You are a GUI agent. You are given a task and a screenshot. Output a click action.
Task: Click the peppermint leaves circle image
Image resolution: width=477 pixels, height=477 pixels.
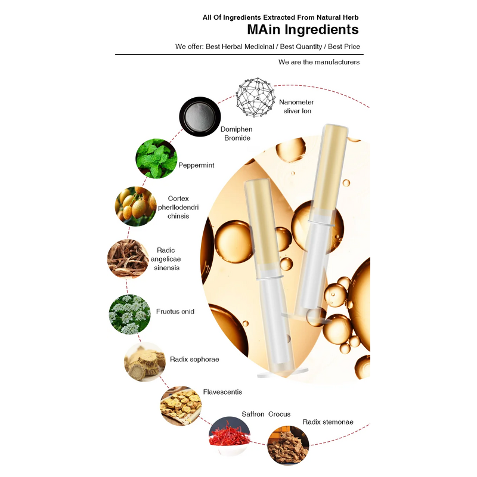point(156,159)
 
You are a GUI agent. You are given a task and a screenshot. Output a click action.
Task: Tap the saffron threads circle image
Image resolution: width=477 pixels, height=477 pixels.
point(230,436)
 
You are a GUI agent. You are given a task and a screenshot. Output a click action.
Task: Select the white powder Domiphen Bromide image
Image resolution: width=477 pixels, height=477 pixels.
point(200,116)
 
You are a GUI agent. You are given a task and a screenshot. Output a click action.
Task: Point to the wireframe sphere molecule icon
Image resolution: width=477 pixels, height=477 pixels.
point(256,97)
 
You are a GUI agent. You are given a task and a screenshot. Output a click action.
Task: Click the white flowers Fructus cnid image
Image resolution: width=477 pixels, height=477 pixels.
point(129,314)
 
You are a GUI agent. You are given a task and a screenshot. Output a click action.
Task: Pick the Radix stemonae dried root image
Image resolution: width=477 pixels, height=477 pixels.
point(288,445)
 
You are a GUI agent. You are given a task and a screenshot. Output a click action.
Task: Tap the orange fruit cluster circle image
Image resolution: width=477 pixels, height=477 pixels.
point(136,206)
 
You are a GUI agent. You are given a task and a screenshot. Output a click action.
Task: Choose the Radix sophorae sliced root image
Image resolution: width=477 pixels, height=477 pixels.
point(145,362)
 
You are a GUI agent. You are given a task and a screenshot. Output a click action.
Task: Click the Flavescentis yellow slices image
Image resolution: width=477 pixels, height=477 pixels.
point(181,405)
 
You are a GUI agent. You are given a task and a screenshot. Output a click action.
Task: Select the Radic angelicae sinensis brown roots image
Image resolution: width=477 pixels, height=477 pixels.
point(128,259)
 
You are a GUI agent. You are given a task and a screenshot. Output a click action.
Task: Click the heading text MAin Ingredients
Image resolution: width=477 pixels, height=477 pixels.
point(303,29)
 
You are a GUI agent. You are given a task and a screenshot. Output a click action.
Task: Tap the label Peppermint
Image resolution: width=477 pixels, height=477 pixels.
point(196,165)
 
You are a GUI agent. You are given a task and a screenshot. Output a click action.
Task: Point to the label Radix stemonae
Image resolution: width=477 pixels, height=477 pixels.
point(328,422)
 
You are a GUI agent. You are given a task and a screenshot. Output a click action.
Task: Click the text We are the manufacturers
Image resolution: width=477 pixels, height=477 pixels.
point(319,62)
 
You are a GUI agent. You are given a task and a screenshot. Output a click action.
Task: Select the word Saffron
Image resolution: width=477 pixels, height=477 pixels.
point(253,414)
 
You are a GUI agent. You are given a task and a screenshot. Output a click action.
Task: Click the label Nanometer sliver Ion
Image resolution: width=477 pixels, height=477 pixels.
point(296,107)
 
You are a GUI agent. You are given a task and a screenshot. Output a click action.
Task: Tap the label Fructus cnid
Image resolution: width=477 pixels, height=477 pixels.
point(175,311)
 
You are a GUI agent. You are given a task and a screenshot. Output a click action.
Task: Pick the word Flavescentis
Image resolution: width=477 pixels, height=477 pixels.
point(222,392)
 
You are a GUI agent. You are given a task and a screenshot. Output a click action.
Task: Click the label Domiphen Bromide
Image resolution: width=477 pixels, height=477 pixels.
point(237,134)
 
